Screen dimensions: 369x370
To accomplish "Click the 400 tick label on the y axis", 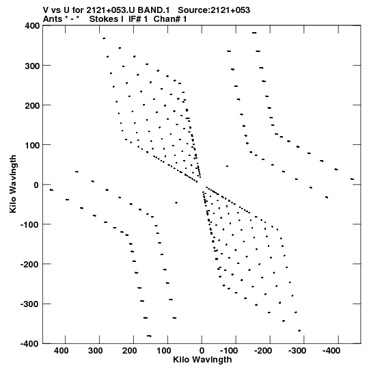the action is point(32,25).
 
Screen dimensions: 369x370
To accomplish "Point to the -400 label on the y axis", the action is point(30,343).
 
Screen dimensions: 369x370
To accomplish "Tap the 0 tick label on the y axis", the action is point(36,185).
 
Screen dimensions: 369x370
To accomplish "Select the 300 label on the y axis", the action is point(32,66).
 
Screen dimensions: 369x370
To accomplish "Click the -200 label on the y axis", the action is point(30,264).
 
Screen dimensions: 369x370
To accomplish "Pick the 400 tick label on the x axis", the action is point(61,351).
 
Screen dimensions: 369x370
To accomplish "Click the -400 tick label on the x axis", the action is point(331,351).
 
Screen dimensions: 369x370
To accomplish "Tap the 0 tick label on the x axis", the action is point(202,351).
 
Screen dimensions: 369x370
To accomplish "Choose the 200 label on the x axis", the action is point(130,351).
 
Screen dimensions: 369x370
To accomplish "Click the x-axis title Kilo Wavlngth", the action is point(202,360).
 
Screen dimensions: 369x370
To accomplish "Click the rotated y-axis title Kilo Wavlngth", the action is point(13,184).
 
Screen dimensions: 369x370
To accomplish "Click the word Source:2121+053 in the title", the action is point(214,10).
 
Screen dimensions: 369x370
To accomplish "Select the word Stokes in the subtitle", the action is point(104,19).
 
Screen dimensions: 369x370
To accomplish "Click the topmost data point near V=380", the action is point(254,33).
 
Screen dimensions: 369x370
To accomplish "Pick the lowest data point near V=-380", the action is point(149,336).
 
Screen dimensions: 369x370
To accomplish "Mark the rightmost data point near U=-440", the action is point(352,179).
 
